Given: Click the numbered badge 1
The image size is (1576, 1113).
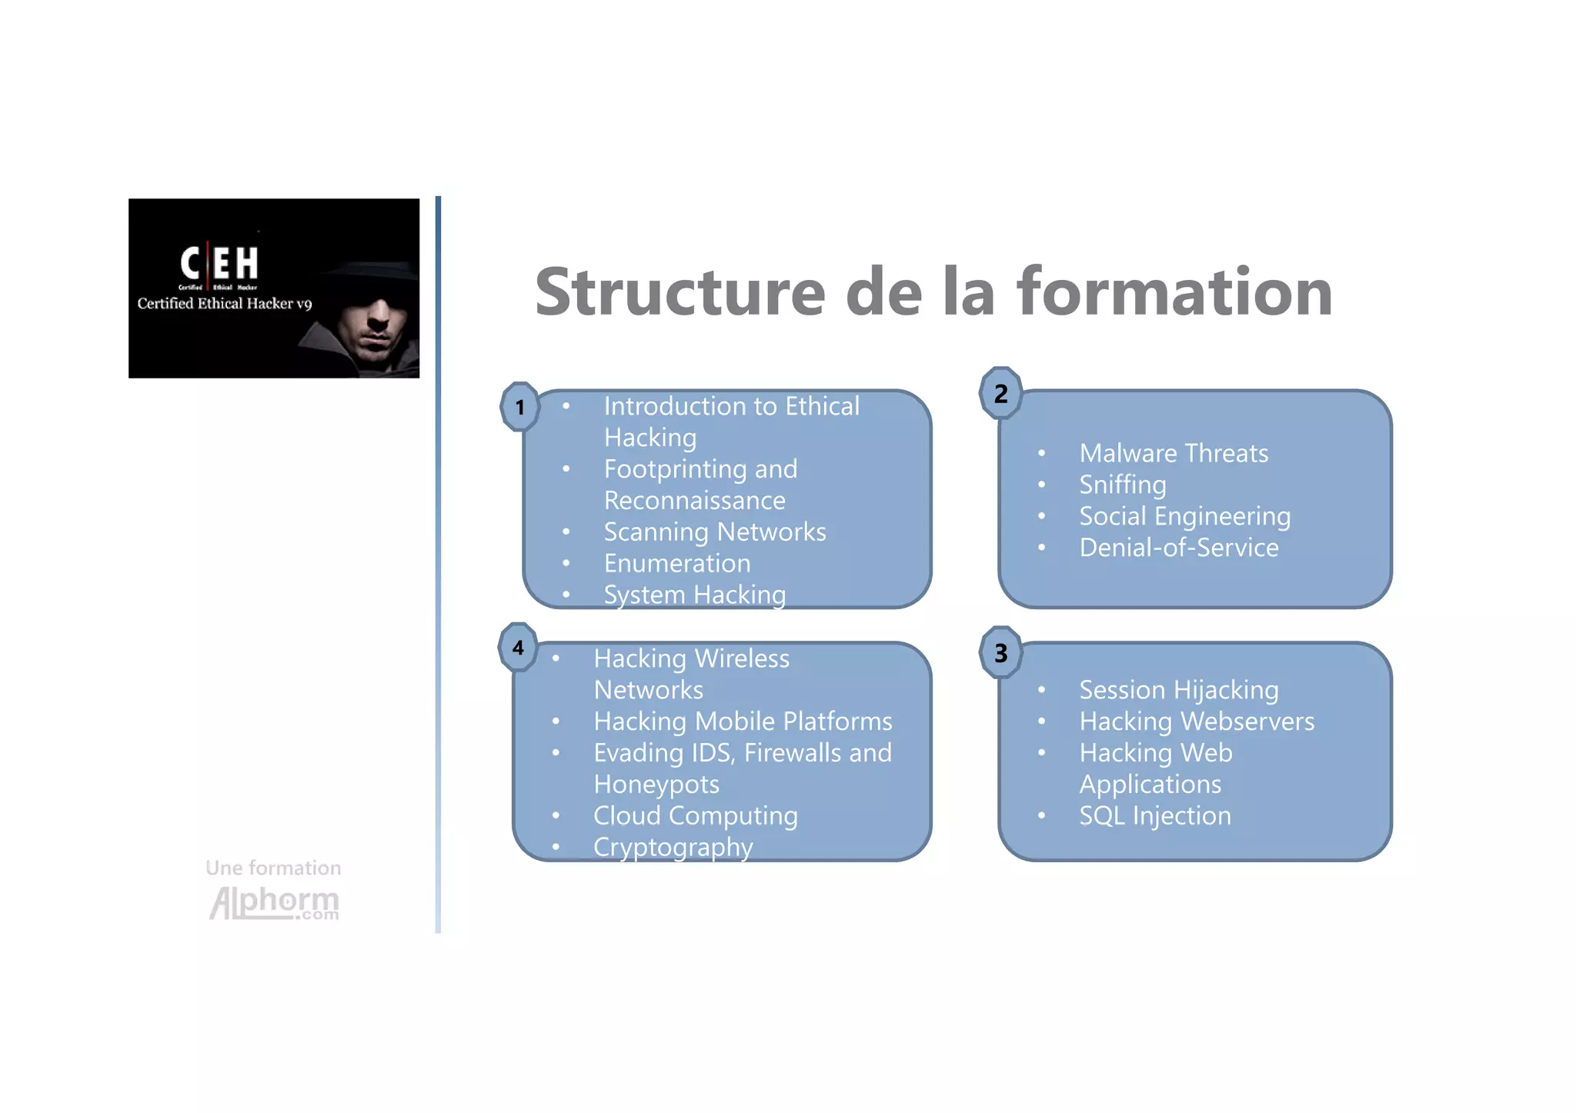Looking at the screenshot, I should (520, 406).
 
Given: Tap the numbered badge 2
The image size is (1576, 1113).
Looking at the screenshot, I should (1000, 393).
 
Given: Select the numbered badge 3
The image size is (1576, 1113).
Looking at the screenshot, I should (1000, 652).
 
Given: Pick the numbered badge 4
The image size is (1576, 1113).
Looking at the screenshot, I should (519, 647).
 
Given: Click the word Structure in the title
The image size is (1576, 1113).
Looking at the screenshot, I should (680, 292).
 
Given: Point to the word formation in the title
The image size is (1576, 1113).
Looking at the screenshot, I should (1174, 292).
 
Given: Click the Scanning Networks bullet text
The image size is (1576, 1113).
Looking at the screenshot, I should (714, 532).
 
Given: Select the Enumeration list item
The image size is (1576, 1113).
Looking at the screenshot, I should (676, 563).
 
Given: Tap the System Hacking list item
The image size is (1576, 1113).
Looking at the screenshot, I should (694, 595).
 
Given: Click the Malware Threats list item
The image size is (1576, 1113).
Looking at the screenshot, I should (1174, 453).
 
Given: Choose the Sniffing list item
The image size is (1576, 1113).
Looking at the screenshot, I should (1123, 485).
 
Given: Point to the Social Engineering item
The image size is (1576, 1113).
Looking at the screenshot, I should (1184, 516).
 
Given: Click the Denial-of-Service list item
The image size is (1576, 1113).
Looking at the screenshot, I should (1179, 548).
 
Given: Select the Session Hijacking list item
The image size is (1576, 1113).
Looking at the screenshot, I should (1179, 690).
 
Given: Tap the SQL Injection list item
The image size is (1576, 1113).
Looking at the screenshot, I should (1155, 815).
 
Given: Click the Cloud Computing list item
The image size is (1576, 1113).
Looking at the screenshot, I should (695, 815).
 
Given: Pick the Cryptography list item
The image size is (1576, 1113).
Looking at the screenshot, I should (673, 847).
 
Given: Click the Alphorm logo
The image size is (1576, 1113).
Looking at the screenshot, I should (274, 901).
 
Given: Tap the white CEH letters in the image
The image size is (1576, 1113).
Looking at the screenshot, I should (219, 263).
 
